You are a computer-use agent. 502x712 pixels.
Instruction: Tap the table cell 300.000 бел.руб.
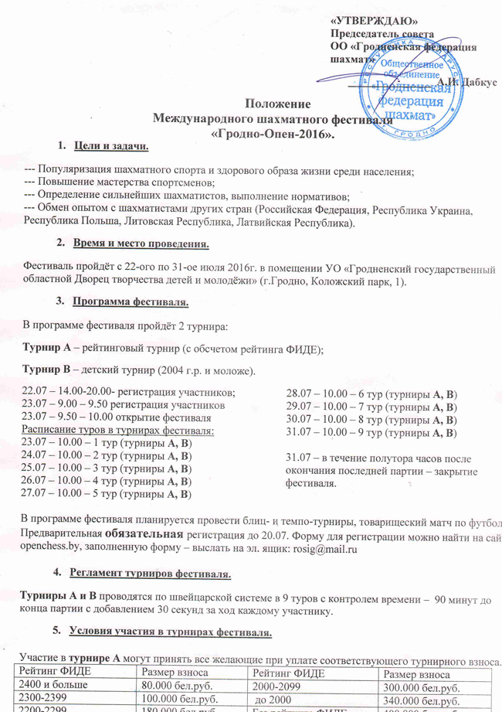pos(414,685)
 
